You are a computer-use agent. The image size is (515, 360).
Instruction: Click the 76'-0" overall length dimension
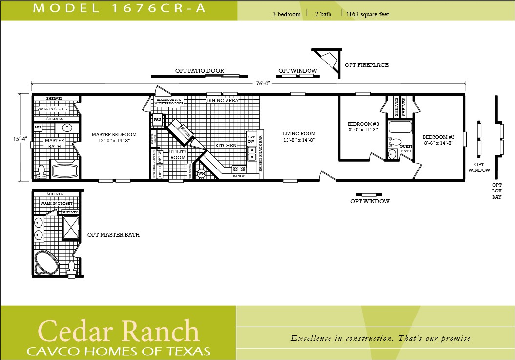tap(260, 84)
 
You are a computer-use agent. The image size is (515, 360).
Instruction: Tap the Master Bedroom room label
tap(114, 137)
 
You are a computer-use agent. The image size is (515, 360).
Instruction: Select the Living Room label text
tap(299, 136)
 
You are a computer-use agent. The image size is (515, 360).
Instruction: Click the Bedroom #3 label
tap(363, 127)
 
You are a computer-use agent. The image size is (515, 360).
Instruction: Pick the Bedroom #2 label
tap(438, 140)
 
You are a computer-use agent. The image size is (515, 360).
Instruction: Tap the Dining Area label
tap(222, 100)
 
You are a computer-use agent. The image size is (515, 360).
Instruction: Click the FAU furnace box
tap(157, 119)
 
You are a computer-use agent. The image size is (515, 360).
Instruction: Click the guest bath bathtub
tap(399, 128)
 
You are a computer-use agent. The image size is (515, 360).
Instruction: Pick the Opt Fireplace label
tap(366, 65)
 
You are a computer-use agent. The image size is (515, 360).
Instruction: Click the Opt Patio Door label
tap(199, 71)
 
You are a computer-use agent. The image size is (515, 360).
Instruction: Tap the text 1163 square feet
tap(367, 14)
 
